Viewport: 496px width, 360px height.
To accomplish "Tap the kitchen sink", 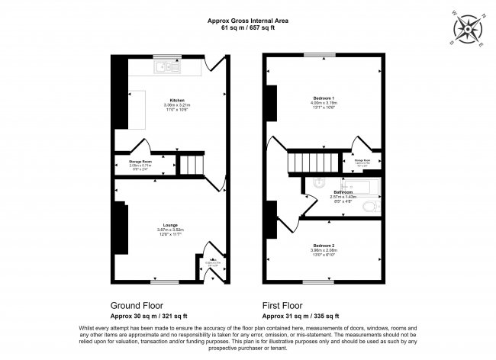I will pos(166,69).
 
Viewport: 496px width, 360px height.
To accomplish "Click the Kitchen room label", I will pos(177,101).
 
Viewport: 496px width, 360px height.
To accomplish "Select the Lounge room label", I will pos(171,223).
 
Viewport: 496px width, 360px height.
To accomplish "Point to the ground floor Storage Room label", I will pos(129,161).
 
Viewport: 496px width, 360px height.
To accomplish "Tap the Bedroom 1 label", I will pos(324,98).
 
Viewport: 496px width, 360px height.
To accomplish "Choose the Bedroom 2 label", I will pos(324,245).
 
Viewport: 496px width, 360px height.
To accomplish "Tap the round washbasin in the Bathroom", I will pos(318,183).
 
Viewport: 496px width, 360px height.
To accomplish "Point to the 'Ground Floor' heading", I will pos(139,304).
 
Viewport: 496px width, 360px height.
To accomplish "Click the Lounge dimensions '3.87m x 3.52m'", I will pos(171,228).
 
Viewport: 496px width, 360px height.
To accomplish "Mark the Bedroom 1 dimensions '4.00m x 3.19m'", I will pos(324,103).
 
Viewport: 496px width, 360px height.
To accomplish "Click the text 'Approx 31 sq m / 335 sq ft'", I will pos(301,315).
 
